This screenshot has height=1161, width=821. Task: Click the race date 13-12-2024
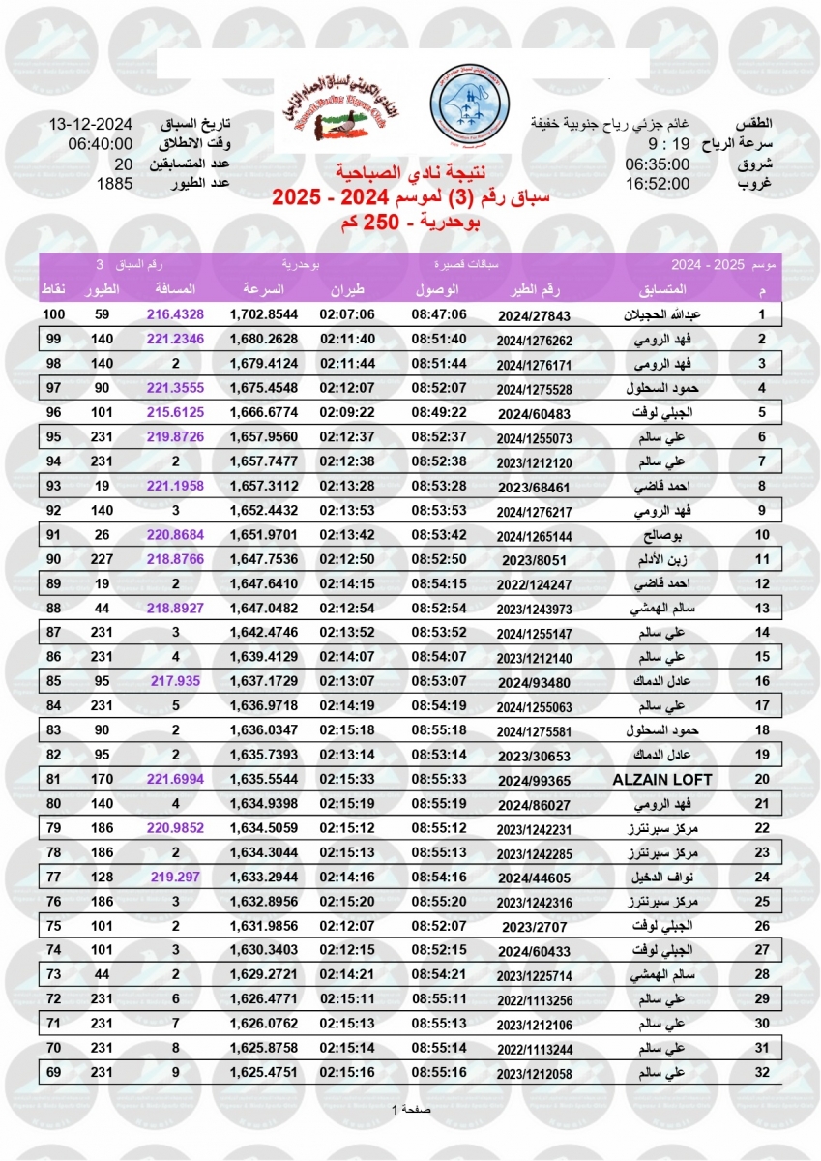90,125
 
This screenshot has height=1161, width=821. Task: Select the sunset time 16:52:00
657,183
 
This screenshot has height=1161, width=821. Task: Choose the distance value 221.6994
176,778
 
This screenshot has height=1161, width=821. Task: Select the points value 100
53,315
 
